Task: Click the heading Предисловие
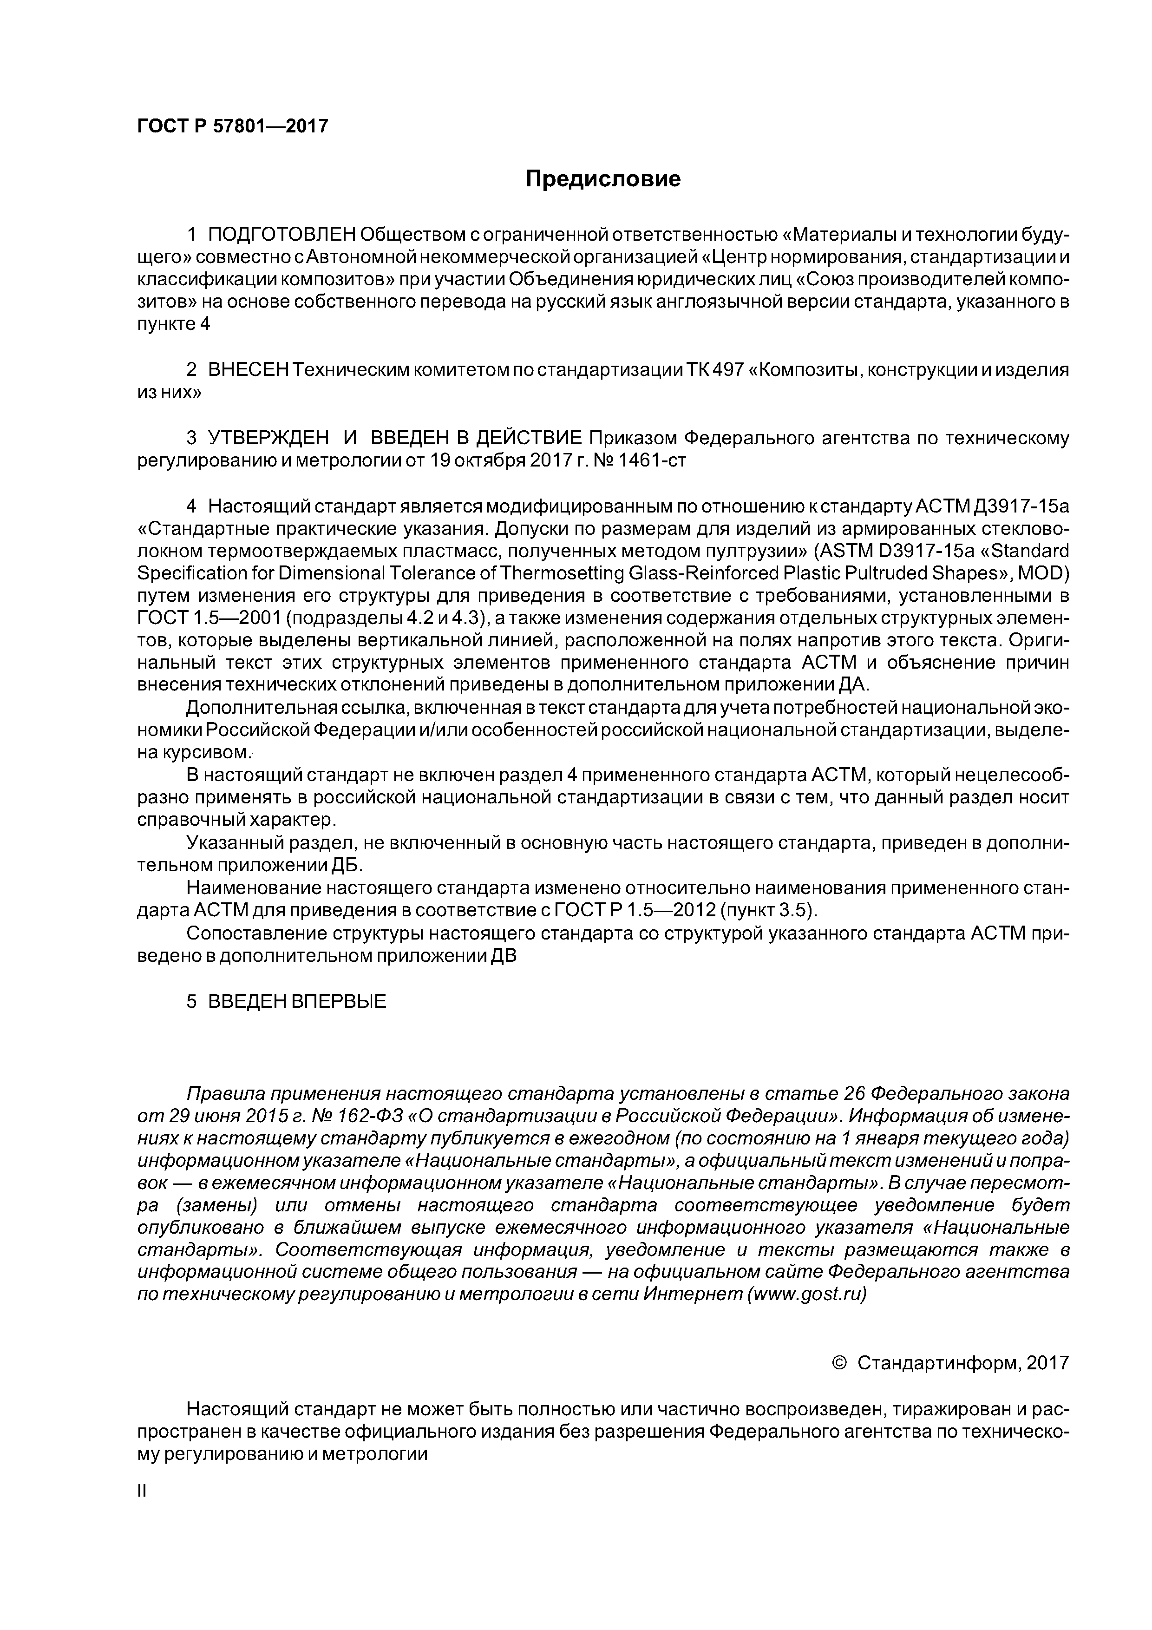[x=602, y=179]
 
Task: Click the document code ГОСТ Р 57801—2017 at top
[x=232, y=126]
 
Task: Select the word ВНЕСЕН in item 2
[x=249, y=371]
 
